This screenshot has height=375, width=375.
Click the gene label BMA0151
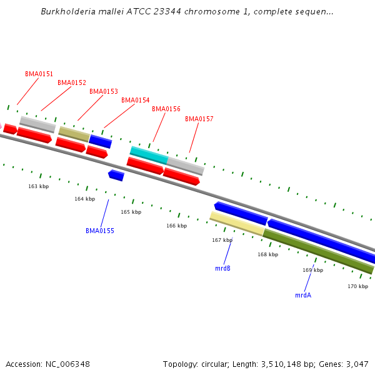click(39, 74)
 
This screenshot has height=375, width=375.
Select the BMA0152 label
click(72, 82)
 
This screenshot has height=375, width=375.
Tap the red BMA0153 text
click(103, 91)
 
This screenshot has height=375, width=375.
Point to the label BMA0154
click(135, 100)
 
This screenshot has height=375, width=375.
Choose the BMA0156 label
click(166, 109)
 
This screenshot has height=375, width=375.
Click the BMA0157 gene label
click(199, 119)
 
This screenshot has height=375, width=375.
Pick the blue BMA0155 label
click(99, 231)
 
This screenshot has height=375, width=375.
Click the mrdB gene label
click(222, 268)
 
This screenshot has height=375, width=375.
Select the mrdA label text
click(303, 295)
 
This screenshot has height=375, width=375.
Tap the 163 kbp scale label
click(38, 186)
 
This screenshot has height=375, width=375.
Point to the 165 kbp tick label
click(131, 212)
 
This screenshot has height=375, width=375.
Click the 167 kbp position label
click(222, 240)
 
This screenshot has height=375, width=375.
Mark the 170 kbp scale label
click(357, 286)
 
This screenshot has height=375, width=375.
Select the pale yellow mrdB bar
click(236, 223)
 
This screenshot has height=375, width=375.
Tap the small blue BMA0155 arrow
click(116, 175)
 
